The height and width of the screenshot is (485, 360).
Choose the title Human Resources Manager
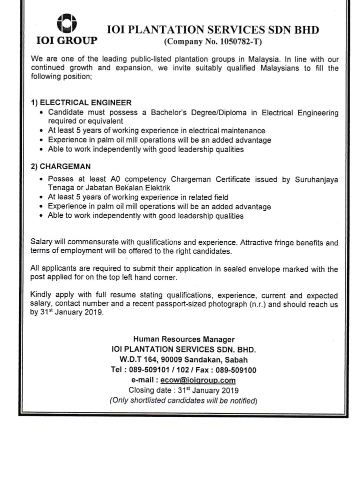click(184, 340)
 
